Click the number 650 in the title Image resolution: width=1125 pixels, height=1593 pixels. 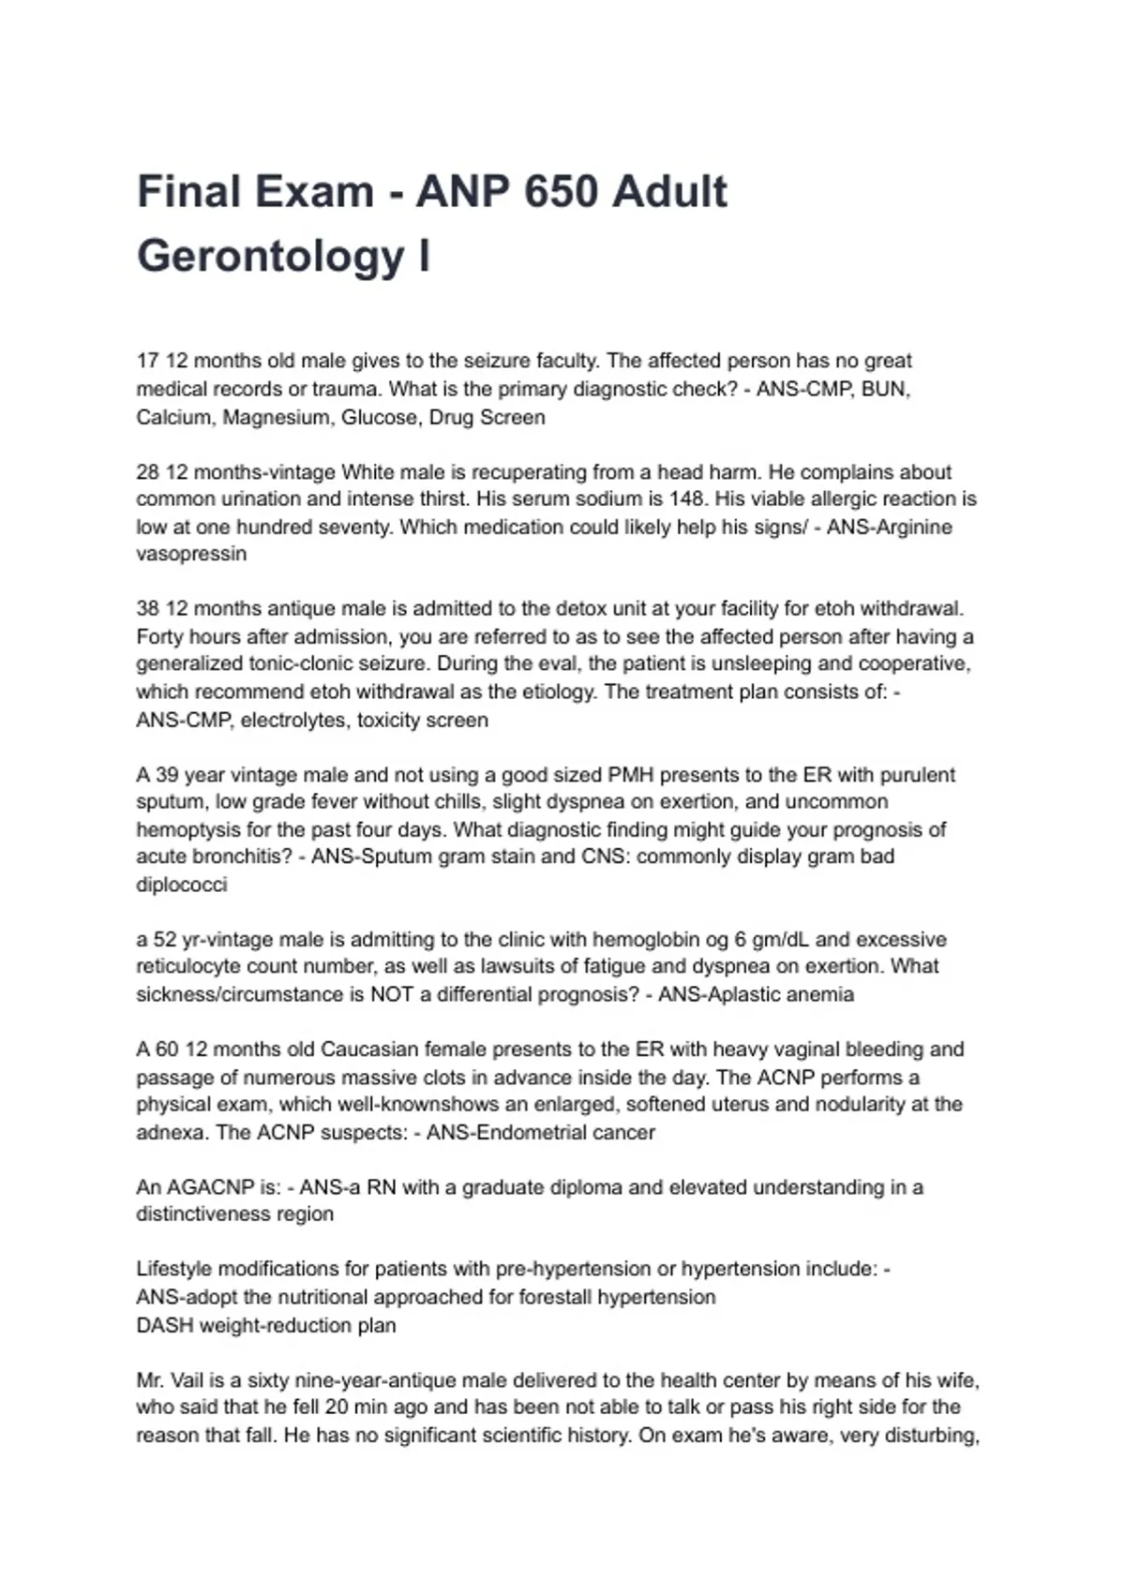561,192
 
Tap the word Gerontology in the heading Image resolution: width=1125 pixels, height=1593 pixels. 271,256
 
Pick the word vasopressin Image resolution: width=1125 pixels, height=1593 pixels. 191,554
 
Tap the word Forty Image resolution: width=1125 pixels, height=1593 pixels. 159,637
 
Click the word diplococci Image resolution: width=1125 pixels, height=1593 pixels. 182,885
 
